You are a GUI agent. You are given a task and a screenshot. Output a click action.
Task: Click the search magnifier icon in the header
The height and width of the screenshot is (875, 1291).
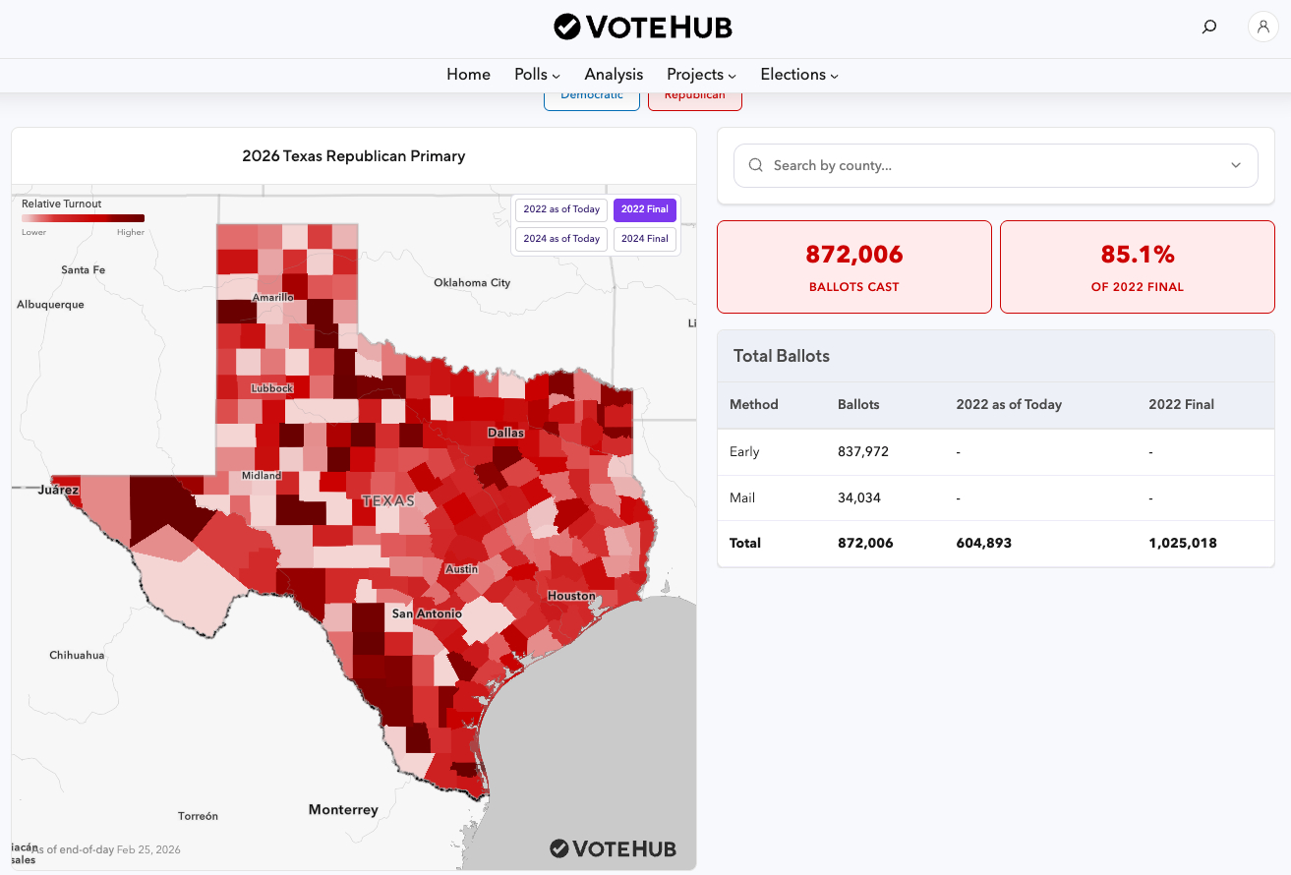[x=1209, y=27]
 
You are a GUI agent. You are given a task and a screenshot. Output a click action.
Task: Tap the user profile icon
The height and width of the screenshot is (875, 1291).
[x=1262, y=27]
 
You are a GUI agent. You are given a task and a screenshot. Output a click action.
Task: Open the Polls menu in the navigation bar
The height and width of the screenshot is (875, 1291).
[x=537, y=75]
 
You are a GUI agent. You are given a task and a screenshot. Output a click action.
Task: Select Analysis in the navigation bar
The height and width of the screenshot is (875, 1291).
[x=614, y=75]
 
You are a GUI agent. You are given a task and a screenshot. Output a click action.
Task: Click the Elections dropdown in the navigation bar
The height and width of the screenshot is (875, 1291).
[x=798, y=75]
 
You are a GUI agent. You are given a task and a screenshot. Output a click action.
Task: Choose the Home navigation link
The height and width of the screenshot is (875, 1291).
[x=468, y=75]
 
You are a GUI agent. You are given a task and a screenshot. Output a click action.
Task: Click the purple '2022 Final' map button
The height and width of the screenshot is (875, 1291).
[x=644, y=209]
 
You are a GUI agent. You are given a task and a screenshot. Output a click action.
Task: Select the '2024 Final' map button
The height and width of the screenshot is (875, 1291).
[x=644, y=239]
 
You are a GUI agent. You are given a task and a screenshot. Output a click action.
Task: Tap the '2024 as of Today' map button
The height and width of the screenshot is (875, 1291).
[x=561, y=239]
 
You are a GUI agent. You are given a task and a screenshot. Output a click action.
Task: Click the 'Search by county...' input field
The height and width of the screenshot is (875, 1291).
[x=993, y=165]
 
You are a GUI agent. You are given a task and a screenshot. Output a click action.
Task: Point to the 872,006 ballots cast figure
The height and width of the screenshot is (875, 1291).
[x=853, y=256]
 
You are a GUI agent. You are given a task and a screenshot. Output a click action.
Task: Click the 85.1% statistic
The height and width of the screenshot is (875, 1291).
[x=1138, y=256]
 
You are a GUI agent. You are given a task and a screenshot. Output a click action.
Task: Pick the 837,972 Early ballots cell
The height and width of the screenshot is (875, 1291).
[x=864, y=452]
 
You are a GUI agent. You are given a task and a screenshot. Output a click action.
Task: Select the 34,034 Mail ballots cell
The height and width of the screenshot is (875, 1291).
[x=859, y=497]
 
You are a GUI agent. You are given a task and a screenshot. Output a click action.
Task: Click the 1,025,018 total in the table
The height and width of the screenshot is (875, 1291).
[x=1182, y=543]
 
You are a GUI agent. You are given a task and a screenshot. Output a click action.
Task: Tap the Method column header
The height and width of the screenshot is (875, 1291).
[x=754, y=404]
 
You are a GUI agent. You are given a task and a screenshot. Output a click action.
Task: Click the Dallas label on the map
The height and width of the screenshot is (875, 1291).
[x=505, y=433]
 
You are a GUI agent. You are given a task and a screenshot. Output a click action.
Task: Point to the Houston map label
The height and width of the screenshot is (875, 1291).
[x=571, y=596]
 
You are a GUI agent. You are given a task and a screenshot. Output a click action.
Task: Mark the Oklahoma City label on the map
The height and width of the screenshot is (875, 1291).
[x=472, y=283]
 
